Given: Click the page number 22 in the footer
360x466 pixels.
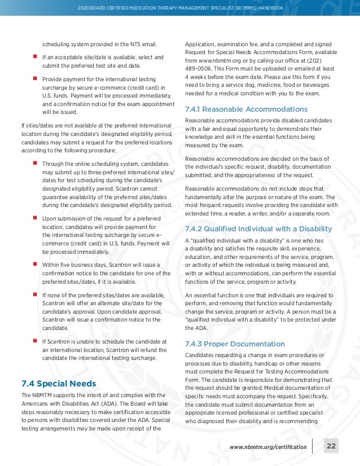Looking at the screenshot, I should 331,447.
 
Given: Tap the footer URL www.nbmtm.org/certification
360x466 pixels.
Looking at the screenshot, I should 268,447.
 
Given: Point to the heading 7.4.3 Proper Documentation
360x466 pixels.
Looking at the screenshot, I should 235,344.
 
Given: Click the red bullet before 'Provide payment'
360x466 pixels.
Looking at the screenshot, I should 35,80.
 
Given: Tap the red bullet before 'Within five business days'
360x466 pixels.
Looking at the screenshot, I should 35,263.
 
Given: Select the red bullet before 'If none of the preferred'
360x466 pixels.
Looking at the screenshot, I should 35,294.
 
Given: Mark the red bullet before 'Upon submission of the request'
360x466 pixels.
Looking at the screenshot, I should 35,217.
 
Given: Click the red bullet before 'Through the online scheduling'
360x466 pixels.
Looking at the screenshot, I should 35,163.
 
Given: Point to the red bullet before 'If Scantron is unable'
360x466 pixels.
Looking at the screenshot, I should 35,341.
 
